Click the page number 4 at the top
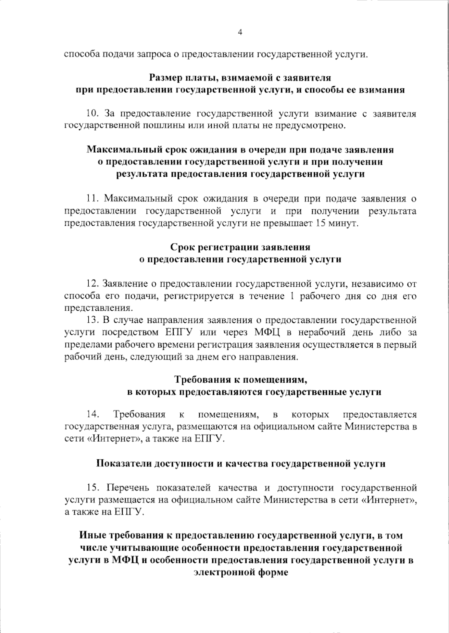[240, 33]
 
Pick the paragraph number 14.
[92, 414]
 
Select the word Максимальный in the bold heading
[123, 150]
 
